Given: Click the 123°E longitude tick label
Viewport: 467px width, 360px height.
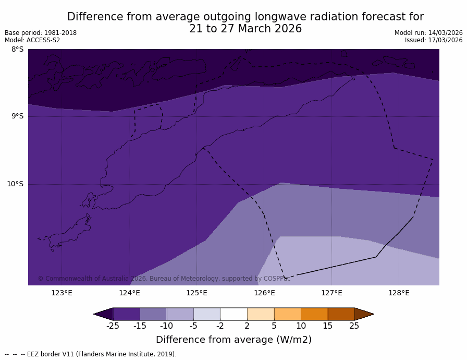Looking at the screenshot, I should [x=62, y=293].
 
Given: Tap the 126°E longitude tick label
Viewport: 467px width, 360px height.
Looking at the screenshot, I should [x=264, y=293].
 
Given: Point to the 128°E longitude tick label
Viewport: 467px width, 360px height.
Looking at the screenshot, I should [x=399, y=293].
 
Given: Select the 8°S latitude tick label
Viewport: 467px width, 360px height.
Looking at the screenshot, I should [x=17, y=50].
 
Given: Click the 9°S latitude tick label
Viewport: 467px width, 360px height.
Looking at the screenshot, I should [x=17, y=116].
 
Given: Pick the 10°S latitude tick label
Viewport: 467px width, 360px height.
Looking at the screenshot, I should [x=15, y=184].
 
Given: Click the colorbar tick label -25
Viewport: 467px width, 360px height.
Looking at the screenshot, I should [x=113, y=326].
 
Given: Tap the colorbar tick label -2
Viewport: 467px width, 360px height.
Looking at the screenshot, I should [x=220, y=326].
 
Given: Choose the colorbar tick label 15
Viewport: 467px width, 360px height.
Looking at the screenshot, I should [x=327, y=326].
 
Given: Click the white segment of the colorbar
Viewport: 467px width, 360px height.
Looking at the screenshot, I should [x=233, y=314].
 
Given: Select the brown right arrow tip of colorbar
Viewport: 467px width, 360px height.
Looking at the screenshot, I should [x=364, y=314].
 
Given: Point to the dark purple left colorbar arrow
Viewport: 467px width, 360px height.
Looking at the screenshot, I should [x=103, y=314].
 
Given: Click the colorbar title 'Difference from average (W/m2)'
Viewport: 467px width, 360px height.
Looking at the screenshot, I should [x=233, y=340].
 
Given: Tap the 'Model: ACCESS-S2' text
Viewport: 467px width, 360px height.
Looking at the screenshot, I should [x=32, y=40].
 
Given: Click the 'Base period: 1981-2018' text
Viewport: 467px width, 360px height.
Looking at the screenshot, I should [x=41, y=33].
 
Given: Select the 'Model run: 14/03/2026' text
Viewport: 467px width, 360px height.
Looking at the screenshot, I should [x=428, y=33].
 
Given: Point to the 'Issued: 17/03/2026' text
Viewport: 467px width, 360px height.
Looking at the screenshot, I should [x=434, y=40].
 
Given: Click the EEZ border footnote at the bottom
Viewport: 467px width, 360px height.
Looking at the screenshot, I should [x=91, y=354].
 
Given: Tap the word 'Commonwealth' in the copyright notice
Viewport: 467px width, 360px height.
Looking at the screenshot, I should [x=67, y=279].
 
